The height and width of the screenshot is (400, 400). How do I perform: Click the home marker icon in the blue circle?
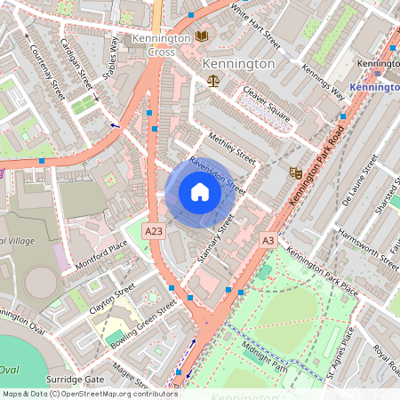pyautogui.click(x=200, y=192)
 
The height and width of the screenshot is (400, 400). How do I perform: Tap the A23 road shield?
pyautogui.click(x=154, y=230)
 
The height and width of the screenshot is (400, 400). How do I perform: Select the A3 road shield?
pyautogui.click(x=268, y=240)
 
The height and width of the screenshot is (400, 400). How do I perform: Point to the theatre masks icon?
pyautogui.click(x=296, y=172)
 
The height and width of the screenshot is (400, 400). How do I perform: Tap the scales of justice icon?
pyautogui.click(x=212, y=81)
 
